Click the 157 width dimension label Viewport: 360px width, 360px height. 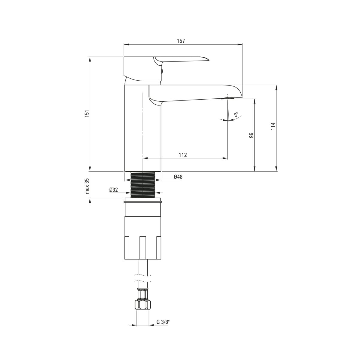click(x=181, y=41)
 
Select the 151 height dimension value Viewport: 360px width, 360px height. click(x=87, y=113)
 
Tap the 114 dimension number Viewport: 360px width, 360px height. click(x=273, y=126)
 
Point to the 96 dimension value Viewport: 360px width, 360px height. click(x=251, y=135)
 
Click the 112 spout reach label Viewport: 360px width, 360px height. click(x=183, y=155)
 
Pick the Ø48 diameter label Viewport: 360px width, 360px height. click(x=178, y=177)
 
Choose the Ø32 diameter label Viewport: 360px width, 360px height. click(x=114, y=190)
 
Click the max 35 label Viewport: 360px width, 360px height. click(x=87, y=186)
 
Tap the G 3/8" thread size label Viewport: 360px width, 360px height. click(x=163, y=322)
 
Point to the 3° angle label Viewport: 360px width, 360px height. click(x=236, y=114)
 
